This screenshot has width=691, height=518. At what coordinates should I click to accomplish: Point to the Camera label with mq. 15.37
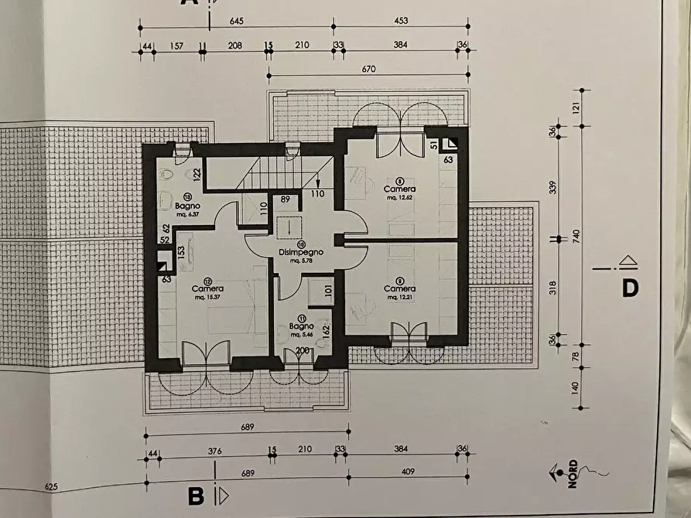(x=207, y=288)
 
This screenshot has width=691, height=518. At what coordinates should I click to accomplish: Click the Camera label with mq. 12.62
(x=400, y=189)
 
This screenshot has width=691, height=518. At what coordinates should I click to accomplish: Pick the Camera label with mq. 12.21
(x=400, y=288)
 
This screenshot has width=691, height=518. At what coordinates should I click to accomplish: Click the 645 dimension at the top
(x=237, y=20)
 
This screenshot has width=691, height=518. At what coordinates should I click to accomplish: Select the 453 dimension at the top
(x=401, y=20)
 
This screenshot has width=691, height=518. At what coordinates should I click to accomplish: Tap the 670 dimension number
(x=368, y=69)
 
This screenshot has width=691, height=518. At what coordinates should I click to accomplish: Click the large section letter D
(x=631, y=288)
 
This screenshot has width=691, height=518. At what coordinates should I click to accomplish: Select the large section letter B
(x=196, y=496)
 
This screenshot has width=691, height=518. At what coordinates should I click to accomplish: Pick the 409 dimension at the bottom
(x=409, y=472)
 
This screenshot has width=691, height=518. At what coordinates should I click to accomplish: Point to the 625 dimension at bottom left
(x=52, y=487)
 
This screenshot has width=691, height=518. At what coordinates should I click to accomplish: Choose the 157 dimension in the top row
(x=176, y=46)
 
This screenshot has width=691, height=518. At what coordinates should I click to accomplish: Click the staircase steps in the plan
(x=263, y=174)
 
